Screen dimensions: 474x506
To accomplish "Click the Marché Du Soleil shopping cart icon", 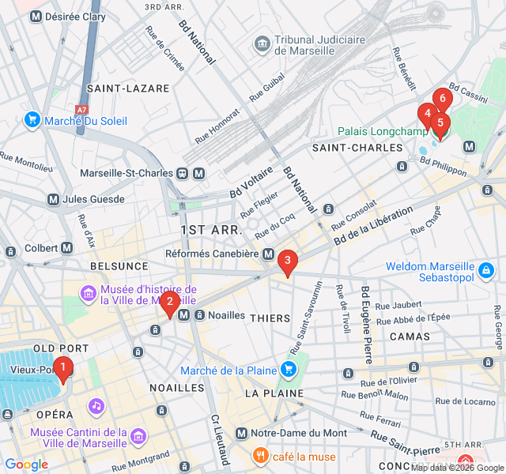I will point(32,121).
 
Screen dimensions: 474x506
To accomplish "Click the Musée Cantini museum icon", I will point(138,436).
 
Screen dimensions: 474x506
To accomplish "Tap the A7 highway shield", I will point(82,110).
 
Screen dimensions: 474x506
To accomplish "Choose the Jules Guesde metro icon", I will point(55,199).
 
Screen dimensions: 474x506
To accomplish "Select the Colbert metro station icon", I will point(67,247).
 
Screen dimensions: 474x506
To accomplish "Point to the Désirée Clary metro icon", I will point(35,17).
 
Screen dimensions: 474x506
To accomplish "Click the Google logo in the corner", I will point(26,465).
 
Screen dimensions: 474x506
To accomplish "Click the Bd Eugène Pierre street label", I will point(366,323).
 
